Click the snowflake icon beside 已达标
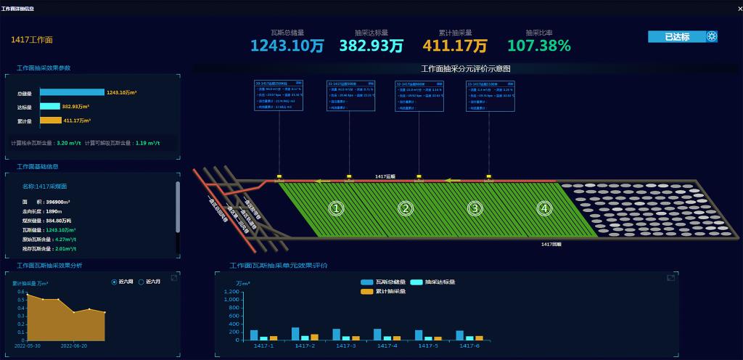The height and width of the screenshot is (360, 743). click(712, 36)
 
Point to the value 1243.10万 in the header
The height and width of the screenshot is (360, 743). click(287, 46)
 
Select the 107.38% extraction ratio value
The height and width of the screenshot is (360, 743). click(539, 46)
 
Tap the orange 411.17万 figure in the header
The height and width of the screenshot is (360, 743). click(455, 46)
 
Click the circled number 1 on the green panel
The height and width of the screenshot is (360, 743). click(335, 208)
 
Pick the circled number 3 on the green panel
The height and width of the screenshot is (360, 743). click(475, 208)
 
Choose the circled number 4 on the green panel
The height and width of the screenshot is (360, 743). click(544, 208)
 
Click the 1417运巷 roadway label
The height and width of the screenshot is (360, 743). click(385, 176)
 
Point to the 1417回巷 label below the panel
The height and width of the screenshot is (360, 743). click(551, 245)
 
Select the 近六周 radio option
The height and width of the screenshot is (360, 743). click(115, 282)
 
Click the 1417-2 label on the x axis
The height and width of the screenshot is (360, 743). click(304, 345)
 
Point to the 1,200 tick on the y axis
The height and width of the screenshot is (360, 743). click(231, 292)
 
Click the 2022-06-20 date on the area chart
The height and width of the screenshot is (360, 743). click(74, 345)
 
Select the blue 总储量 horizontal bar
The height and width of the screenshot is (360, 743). click(72, 92)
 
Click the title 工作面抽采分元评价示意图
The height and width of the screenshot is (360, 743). click(466, 68)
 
